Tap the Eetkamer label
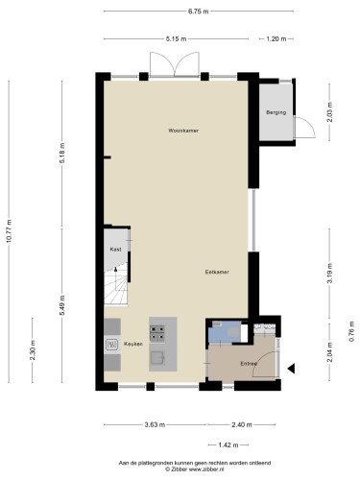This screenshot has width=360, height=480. click(216, 272)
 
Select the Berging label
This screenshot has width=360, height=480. click(276, 113)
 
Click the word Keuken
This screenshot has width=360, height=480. click(133, 343)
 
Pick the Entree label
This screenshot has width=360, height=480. click(248, 365)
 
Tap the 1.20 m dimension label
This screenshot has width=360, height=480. click(276, 38)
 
